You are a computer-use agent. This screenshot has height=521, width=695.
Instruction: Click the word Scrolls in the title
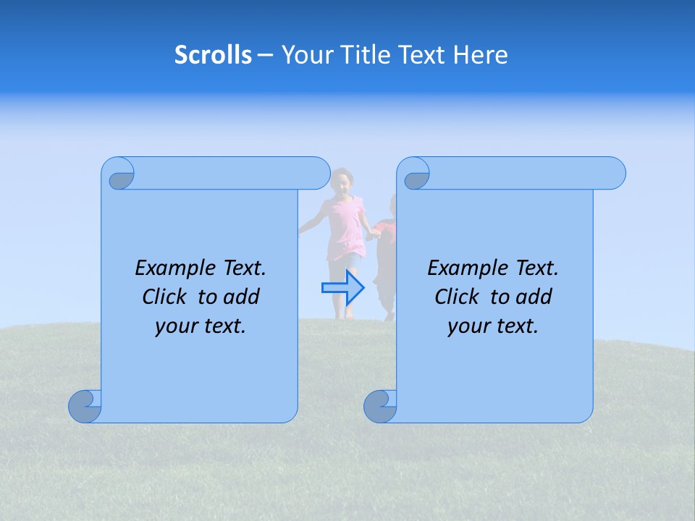(x=214, y=55)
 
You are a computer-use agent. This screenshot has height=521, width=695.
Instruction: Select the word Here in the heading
(x=481, y=55)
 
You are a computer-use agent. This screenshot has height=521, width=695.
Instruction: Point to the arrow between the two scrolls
(x=344, y=287)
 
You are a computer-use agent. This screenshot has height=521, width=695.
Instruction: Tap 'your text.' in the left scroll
(x=201, y=326)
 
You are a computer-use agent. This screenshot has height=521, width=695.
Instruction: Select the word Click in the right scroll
(x=457, y=297)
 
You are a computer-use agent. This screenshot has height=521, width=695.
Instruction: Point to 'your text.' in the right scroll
(x=493, y=326)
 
